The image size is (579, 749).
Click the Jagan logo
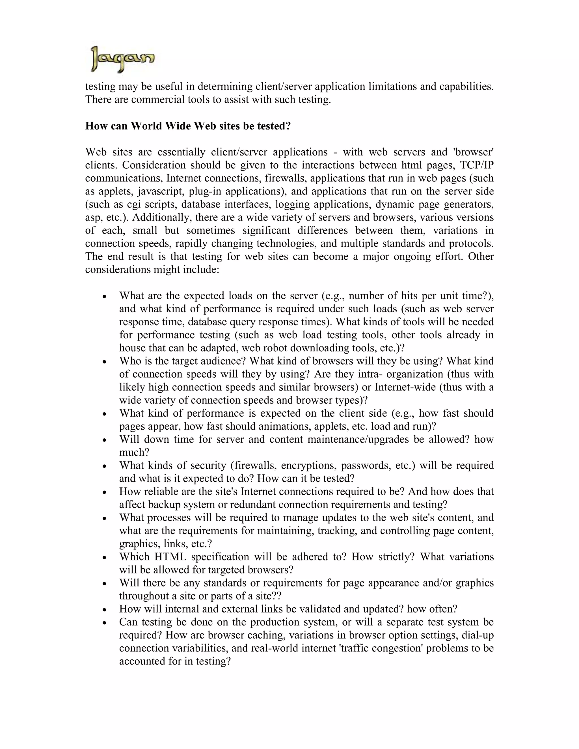pyautogui.click(x=122, y=59)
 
